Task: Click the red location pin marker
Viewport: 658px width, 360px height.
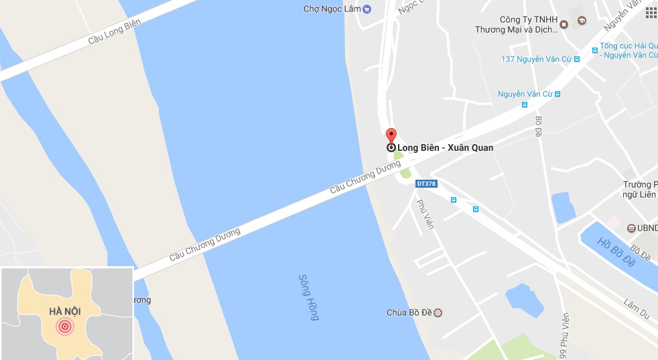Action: pyautogui.click(x=391, y=135)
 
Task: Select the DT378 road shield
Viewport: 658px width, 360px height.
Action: pyautogui.click(x=426, y=183)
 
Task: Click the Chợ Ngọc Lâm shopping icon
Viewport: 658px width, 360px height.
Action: pyautogui.click(x=366, y=9)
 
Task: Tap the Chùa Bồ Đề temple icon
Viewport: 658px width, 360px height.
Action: pyautogui.click(x=438, y=312)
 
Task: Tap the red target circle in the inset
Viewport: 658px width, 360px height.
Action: pyautogui.click(x=65, y=326)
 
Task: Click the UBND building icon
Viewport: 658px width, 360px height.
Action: pyautogui.click(x=631, y=228)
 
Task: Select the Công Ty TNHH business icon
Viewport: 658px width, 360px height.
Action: pyautogui.click(x=564, y=25)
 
